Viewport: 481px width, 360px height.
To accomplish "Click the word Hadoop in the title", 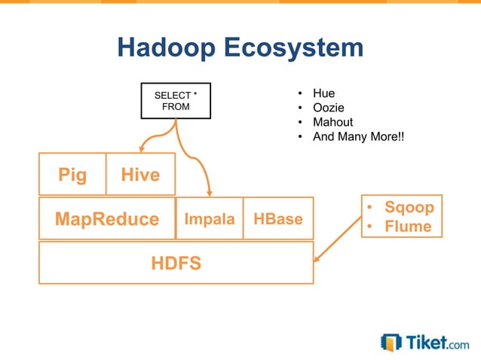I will click(x=166, y=48).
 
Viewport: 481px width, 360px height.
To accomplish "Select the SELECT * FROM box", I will click(x=176, y=101).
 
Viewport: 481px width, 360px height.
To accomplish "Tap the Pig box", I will click(x=72, y=175).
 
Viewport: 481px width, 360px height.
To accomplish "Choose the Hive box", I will click(x=140, y=175).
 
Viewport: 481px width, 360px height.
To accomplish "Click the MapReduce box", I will click(x=106, y=218).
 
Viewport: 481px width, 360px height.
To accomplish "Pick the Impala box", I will click(x=210, y=218).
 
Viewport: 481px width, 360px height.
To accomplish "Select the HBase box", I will click(x=278, y=218).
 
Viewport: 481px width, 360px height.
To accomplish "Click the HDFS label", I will click(x=176, y=263).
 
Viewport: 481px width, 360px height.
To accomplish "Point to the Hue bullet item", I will click(x=323, y=94).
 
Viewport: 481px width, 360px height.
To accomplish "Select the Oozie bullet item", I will click(x=328, y=108).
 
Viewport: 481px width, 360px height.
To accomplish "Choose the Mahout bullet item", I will click(x=332, y=122).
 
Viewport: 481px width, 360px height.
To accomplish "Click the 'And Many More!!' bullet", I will click(x=358, y=136).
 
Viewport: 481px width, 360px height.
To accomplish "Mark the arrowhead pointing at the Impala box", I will click(x=210, y=192).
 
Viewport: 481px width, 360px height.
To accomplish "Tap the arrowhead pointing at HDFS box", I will click(x=317, y=258).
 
